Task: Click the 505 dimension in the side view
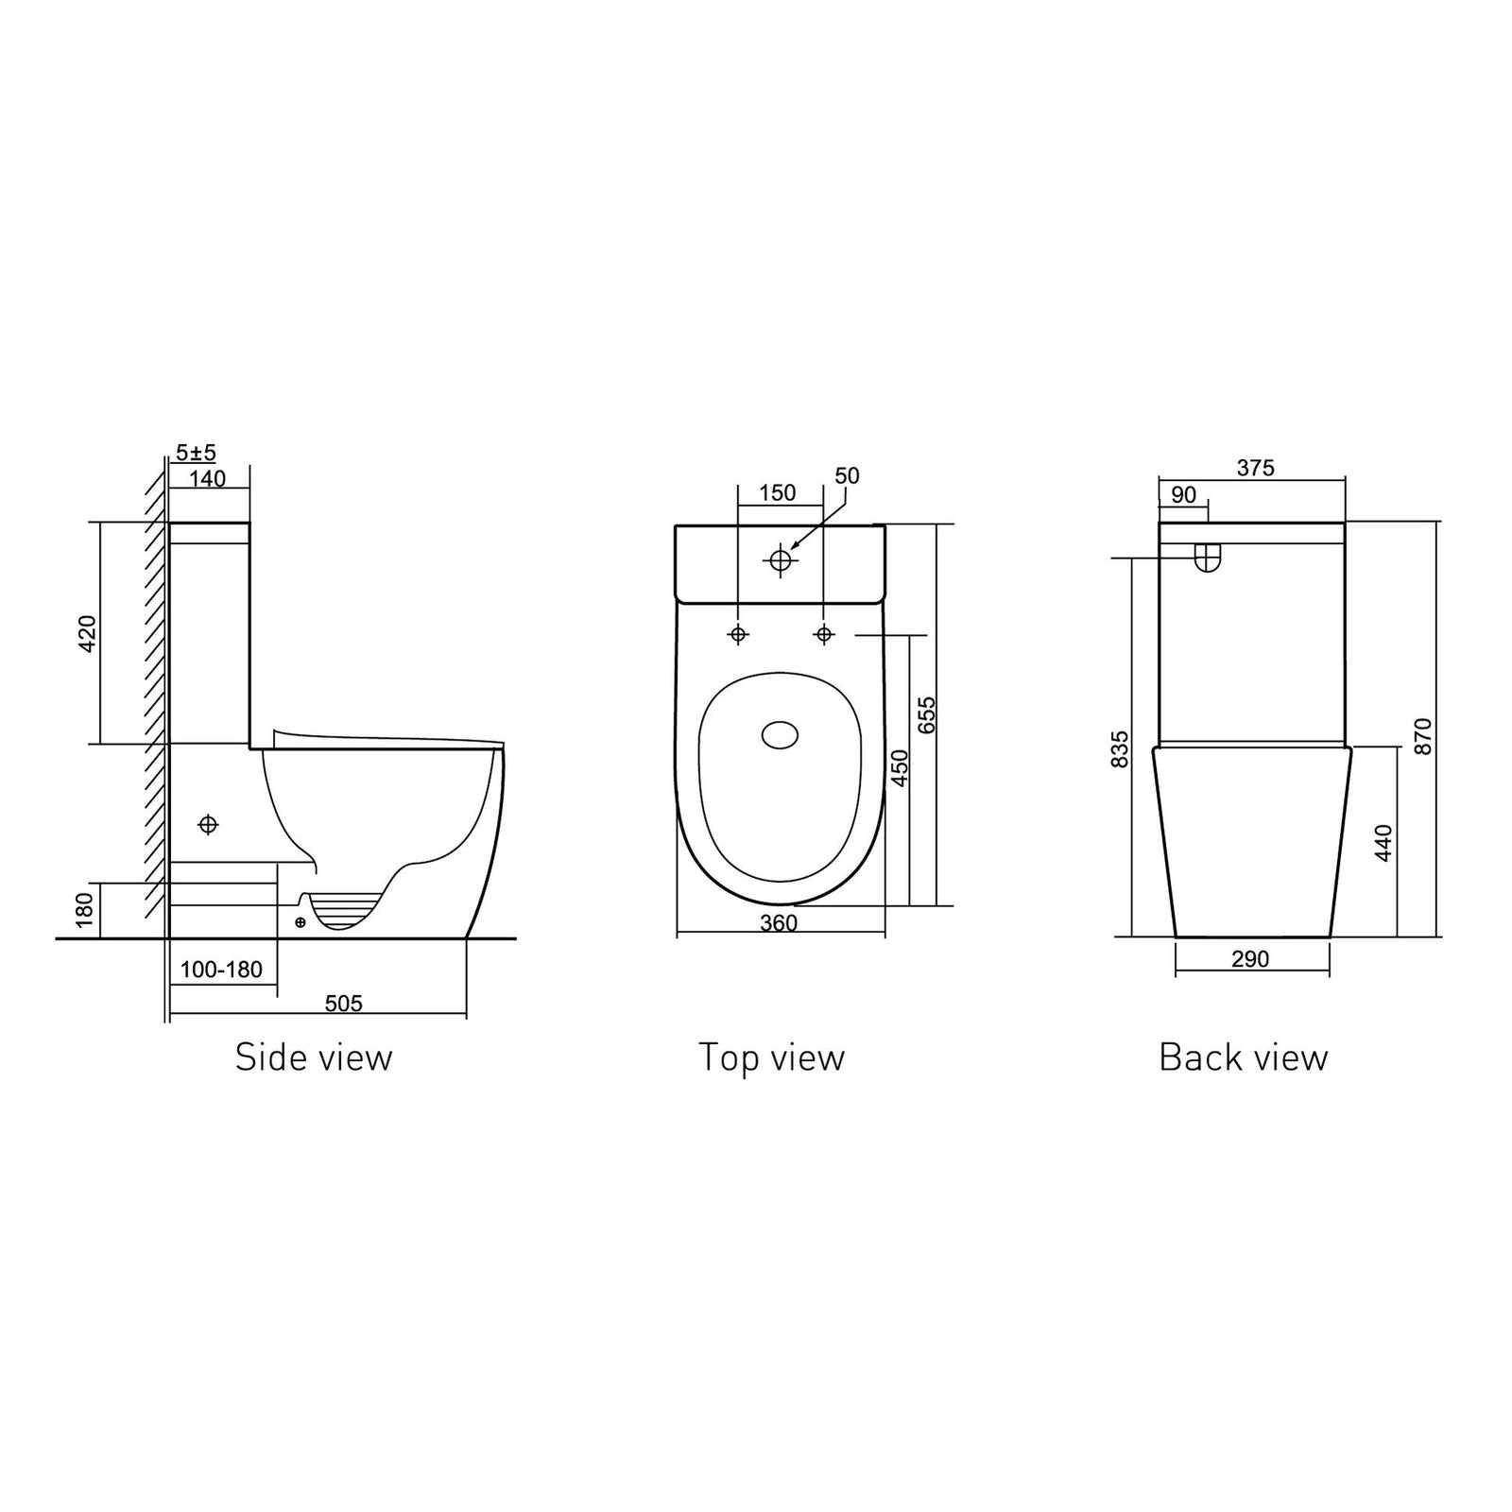(343, 1004)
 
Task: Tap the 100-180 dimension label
(221, 970)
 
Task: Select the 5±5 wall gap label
(196, 453)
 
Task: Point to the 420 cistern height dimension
(87, 633)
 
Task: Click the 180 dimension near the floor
(85, 909)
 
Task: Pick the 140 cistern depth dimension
(207, 478)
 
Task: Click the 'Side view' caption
(313, 1057)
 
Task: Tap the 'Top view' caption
(771, 1057)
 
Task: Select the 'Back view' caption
(1243, 1057)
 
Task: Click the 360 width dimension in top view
(779, 923)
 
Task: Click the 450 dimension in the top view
(900, 767)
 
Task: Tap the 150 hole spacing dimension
(778, 492)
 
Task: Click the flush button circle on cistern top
(781, 560)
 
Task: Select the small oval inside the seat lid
(780, 735)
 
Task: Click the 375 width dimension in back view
(1256, 468)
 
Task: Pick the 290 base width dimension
(1250, 959)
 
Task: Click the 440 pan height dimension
(1383, 841)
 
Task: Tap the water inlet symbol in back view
(1207, 558)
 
